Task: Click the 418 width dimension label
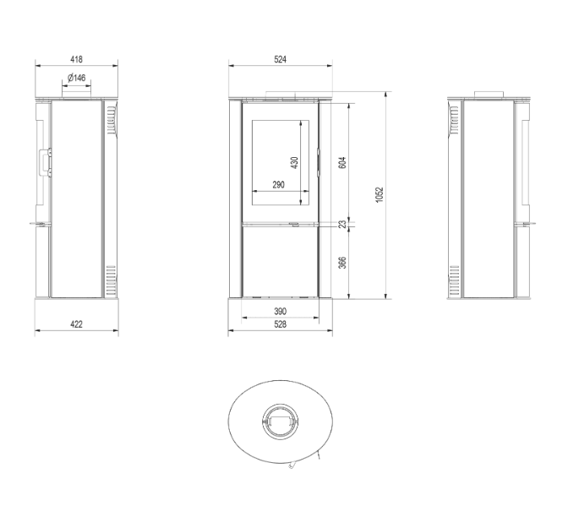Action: [76, 60]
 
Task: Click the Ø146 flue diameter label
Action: [76, 79]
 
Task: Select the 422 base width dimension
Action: [76, 324]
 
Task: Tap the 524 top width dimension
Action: [281, 60]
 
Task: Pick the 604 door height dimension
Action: [341, 161]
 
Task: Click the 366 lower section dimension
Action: [341, 262]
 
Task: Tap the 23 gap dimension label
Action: [341, 225]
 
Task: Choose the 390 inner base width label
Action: [281, 313]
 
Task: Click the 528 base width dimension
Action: [281, 324]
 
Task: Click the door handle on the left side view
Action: [47, 161]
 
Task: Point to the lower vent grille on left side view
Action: [111, 279]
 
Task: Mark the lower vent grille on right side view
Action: [455, 279]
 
